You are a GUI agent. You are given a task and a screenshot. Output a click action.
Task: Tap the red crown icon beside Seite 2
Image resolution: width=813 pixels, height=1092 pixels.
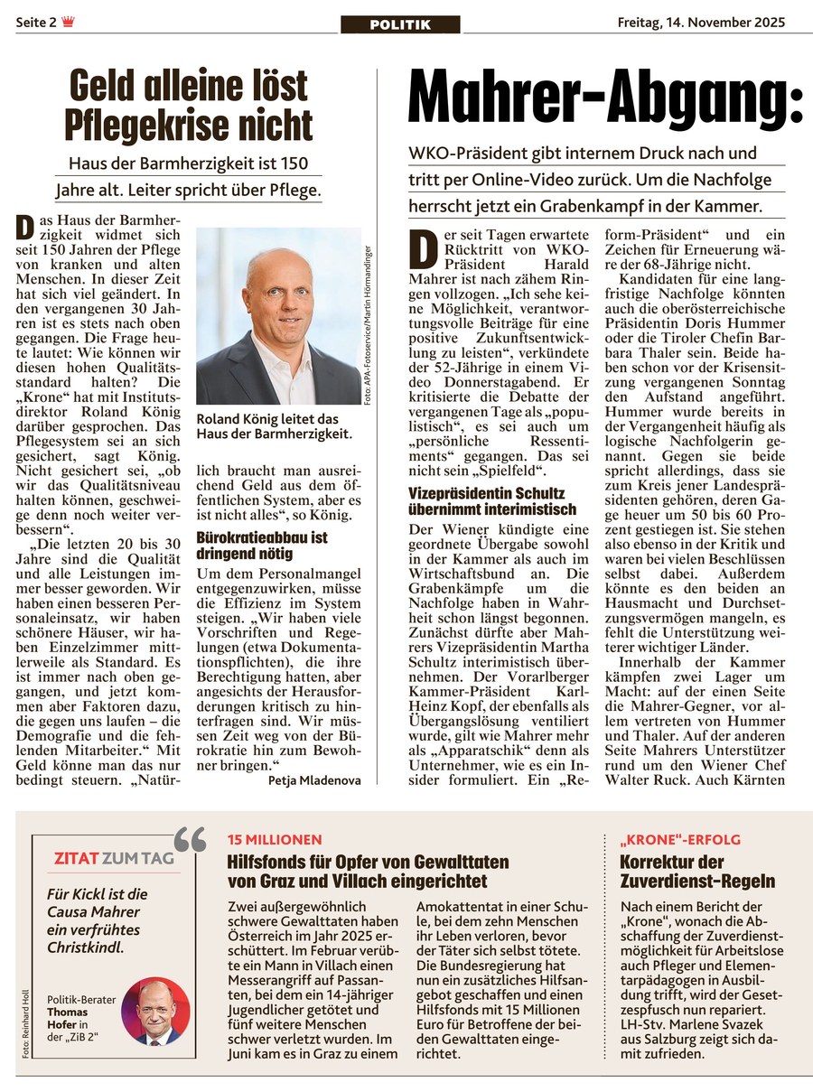pyautogui.click(x=68, y=22)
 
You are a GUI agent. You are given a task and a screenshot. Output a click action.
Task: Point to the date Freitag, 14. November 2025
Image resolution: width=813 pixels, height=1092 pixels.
pyautogui.click(x=701, y=22)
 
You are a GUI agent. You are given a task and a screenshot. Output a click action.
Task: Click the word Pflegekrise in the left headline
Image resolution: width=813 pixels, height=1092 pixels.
pyautogui.click(x=163, y=126)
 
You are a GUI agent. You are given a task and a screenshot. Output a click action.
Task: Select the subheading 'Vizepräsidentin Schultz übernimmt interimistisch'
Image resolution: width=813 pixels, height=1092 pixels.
pyautogui.click(x=487, y=502)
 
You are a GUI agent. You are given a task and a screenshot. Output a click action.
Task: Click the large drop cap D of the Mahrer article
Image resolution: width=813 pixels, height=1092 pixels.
pyautogui.click(x=422, y=249)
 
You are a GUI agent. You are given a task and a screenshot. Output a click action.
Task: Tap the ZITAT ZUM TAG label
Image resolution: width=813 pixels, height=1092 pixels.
pyautogui.click(x=114, y=858)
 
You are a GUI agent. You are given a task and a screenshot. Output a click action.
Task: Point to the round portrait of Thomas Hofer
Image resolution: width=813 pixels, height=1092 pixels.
pyautogui.click(x=155, y=1012)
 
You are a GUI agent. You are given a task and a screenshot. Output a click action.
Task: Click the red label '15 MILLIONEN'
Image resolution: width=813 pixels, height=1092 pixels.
pyautogui.click(x=275, y=840)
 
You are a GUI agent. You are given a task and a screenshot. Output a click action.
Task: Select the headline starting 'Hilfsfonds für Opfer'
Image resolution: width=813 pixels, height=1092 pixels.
pyautogui.click(x=368, y=871)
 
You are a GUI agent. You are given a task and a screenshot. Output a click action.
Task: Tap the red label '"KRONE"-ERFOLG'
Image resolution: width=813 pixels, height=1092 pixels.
pyautogui.click(x=668, y=840)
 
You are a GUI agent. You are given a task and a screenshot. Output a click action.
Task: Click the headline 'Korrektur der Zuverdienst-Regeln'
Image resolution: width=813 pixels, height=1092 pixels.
pyautogui.click(x=697, y=871)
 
